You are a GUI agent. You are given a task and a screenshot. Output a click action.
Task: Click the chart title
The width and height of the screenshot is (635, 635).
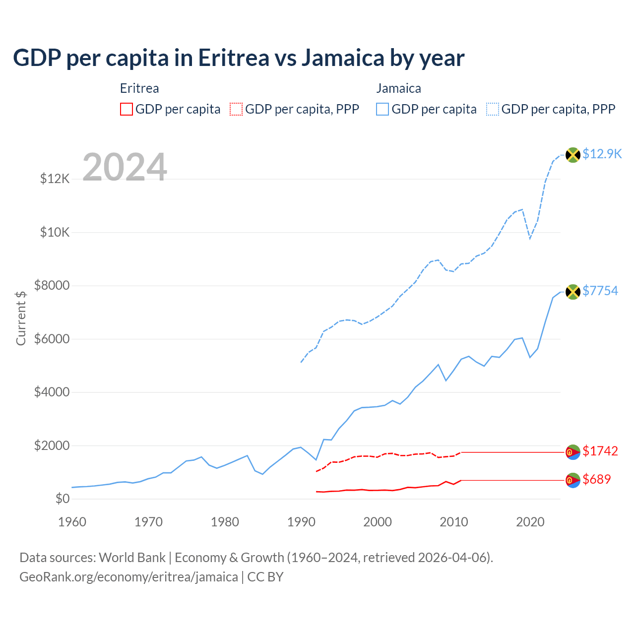tap(239, 58)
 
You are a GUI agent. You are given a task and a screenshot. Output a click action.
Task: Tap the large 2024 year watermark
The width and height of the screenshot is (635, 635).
tap(125, 167)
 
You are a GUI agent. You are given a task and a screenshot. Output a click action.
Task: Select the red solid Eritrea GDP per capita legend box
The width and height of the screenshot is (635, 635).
tap(127, 109)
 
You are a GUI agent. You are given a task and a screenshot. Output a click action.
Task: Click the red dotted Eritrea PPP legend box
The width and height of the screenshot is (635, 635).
tap(236, 109)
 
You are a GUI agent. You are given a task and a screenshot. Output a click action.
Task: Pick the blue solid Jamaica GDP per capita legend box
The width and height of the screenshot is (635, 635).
tap(382, 109)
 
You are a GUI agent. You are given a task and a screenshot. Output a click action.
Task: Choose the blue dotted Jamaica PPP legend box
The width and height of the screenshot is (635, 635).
tap(493, 109)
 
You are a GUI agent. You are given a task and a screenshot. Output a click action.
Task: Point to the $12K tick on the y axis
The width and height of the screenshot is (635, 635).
tap(55, 179)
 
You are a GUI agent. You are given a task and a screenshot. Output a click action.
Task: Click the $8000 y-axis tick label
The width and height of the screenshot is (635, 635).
tap(52, 285)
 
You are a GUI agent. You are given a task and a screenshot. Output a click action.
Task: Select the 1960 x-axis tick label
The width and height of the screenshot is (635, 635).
tap(72, 522)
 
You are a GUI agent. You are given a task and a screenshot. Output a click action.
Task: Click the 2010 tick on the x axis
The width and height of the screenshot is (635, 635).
tap(454, 522)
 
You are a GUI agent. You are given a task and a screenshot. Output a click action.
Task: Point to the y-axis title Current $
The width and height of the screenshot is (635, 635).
tap(21, 317)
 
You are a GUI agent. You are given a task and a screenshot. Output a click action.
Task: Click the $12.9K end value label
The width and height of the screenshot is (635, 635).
tap(602, 154)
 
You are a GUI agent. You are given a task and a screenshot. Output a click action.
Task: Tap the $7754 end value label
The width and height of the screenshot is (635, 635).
tap(600, 291)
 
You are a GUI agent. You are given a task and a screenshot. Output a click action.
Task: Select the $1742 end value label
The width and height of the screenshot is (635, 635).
tap(600, 451)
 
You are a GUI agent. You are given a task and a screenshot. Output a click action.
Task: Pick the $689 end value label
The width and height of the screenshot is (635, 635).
tap(597, 479)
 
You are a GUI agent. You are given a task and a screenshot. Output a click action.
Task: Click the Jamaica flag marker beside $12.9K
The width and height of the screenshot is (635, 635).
tap(573, 155)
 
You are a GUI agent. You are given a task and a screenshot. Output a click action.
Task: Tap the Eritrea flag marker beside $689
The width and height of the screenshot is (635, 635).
tap(573, 480)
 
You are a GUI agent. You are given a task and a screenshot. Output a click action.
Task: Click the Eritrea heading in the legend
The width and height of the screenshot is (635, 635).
tap(139, 88)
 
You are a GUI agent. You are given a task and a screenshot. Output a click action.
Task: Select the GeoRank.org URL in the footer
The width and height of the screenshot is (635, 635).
tap(128, 577)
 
